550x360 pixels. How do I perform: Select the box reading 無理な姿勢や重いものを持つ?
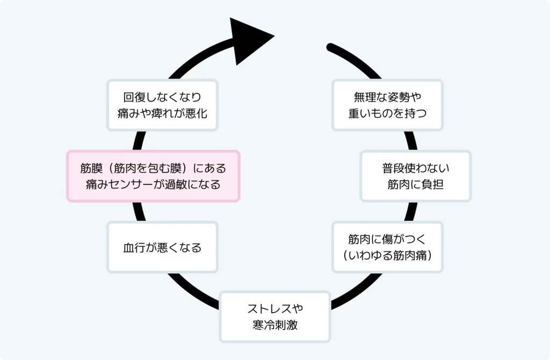click(387, 105)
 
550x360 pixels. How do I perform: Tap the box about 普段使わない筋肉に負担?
click(416, 176)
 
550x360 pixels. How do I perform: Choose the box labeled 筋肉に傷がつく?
click(387, 247)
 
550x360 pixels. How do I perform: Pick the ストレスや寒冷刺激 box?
click(275, 317)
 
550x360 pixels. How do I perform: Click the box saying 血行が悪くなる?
click(162, 247)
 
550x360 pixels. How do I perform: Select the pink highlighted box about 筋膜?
click(153, 176)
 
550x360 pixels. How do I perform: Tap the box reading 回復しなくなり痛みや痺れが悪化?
click(162, 105)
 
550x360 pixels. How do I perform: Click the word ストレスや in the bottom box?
click(275, 309)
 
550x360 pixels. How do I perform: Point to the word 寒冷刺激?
click(275, 325)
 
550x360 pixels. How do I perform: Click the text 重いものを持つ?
click(387, 113)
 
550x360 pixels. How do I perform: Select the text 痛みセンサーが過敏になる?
click(153, 184)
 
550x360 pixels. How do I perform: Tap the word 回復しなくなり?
click(162, 97)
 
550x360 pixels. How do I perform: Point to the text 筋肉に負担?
click(416, 184)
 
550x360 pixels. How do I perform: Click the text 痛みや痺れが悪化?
click(162, 113)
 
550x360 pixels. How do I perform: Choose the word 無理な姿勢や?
click(387, 97)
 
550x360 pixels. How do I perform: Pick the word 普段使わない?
click(416, 168)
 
